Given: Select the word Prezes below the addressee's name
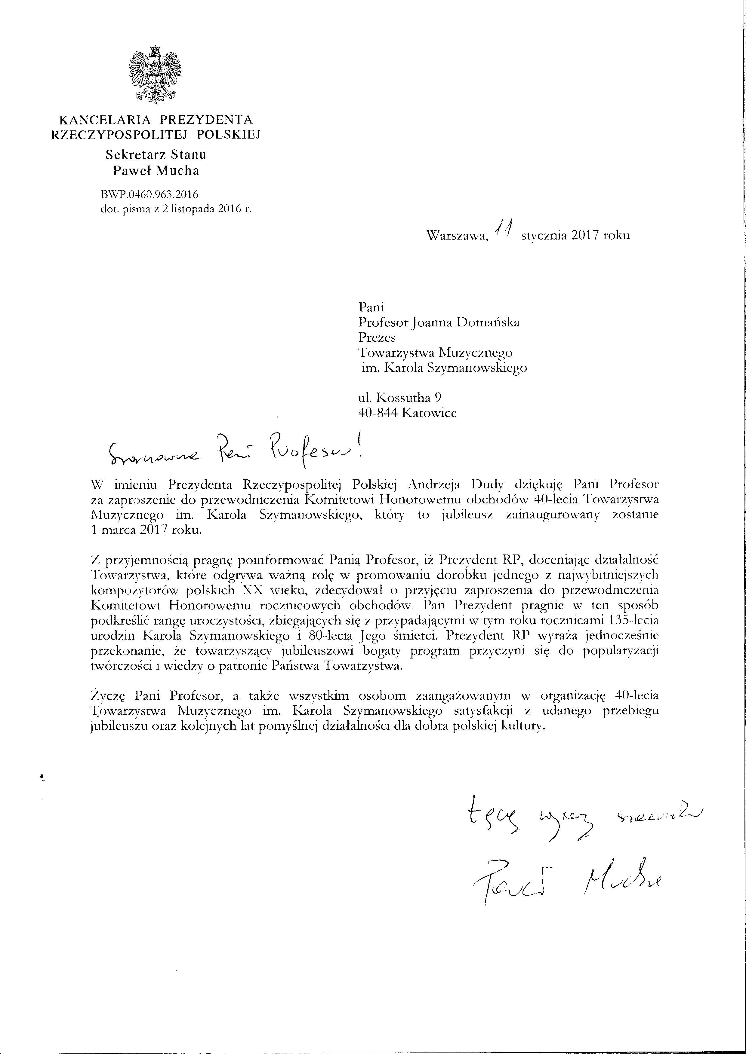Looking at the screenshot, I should pyautogui.click(x=377, y=338).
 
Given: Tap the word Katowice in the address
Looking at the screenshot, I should pyautogui.click(x=429, y=413).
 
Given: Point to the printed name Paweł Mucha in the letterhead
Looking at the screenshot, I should pyautogui.click(x=156, y=171).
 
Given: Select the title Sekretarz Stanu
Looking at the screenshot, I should pyautogui.click(x=156, y=155).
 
